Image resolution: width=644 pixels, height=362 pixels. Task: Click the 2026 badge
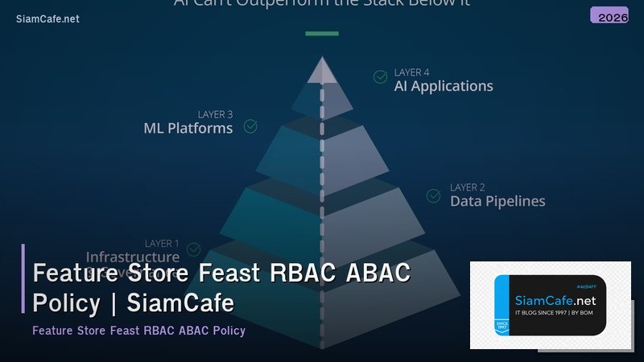coord(609,15)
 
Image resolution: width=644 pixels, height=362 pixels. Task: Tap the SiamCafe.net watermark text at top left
coord(47,19)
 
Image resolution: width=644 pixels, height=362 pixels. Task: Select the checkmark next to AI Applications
coord(380,77)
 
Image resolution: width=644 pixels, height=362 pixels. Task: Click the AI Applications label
coord(443,86)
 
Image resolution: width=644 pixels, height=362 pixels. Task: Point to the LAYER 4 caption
coord(411,72)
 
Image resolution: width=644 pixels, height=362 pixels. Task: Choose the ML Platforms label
coord(188,128)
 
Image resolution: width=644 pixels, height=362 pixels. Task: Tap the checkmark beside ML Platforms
coord(250,126)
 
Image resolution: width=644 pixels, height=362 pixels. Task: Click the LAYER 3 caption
coord(215,114)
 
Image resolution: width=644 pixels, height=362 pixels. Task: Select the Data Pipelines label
coord(497,201)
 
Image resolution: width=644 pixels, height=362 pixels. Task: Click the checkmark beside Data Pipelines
coord(433,195)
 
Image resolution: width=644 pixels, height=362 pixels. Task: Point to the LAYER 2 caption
coord(468,187)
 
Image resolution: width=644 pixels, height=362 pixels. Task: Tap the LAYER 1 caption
coord(163,243)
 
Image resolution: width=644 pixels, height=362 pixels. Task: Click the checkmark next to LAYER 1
coord(193,250)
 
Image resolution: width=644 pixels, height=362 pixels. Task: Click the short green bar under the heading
coord(322,34)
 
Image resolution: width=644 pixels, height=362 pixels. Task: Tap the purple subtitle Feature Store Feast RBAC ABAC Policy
coord(138,331)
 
